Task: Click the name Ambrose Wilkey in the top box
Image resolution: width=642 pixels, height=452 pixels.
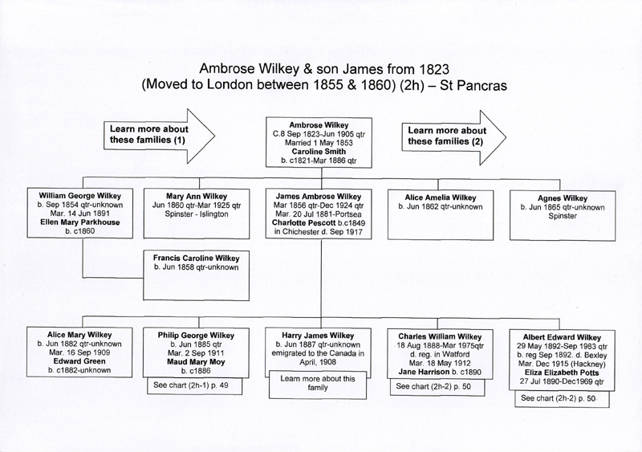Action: [x=319, y=125]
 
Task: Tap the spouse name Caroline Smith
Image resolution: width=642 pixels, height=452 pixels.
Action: [x=319, y=152]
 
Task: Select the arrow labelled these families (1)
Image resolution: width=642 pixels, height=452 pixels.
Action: [x=160, y=136]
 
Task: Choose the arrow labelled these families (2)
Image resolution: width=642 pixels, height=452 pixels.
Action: [x=453, y=138]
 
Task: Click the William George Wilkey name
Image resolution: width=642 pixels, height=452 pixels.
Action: [x=79, y=196]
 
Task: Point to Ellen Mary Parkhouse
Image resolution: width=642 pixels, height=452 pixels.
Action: [x=79, y=222]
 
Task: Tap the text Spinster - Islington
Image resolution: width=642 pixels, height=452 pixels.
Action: [x=197, y=214]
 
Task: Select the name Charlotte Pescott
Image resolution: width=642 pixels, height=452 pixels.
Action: [x=304, y=223]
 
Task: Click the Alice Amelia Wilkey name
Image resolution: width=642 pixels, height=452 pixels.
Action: [x=441, y=197]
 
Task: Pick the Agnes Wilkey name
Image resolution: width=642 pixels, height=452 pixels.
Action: [x=563, y=198]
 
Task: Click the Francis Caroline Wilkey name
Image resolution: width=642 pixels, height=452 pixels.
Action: [x=196, y=259]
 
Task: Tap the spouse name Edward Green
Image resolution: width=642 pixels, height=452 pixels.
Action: [x=79, y=361]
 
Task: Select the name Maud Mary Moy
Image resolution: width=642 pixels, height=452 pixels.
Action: [x=196, y=362]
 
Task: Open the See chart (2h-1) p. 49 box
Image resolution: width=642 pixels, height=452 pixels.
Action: [x=194, y=386]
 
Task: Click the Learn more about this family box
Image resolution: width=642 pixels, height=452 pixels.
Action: [x=318, y=384]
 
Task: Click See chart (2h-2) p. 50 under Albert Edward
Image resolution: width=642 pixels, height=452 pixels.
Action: [x=562, y=399]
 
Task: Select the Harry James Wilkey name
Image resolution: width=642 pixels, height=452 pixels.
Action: [x=318, y=336]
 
